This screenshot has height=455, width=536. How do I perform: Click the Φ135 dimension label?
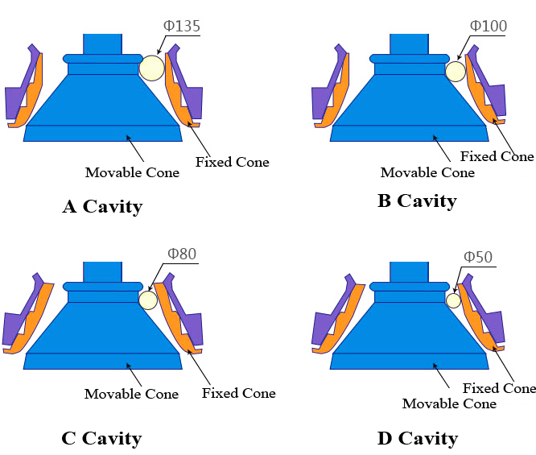click(181, 26)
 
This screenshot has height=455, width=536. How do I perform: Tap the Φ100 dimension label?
click(488, 26)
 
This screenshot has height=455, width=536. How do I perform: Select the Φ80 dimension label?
click(181, 254)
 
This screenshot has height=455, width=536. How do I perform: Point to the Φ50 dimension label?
click(477, 258)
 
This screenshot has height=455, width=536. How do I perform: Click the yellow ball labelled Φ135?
click(151, 68)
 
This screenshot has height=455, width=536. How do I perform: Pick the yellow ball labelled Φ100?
click(456, 72)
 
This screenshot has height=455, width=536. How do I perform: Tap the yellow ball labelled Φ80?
click(148, 300)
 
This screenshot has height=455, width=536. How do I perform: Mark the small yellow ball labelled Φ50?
click(453, 300)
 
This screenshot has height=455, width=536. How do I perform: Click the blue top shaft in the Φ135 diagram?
click(102, 43)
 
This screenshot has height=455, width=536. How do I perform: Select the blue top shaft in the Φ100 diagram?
click(409, 43)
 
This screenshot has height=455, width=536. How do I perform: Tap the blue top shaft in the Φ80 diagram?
click(102, 271)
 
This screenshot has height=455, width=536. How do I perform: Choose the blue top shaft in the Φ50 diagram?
click(409, 271)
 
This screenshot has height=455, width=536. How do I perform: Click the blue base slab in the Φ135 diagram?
click(102, 133)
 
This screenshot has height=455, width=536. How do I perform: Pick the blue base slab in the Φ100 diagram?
click(409, 133)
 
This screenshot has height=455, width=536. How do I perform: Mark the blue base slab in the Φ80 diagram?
click(102, 361)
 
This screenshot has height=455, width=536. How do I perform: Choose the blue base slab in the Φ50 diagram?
click(409, 361)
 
